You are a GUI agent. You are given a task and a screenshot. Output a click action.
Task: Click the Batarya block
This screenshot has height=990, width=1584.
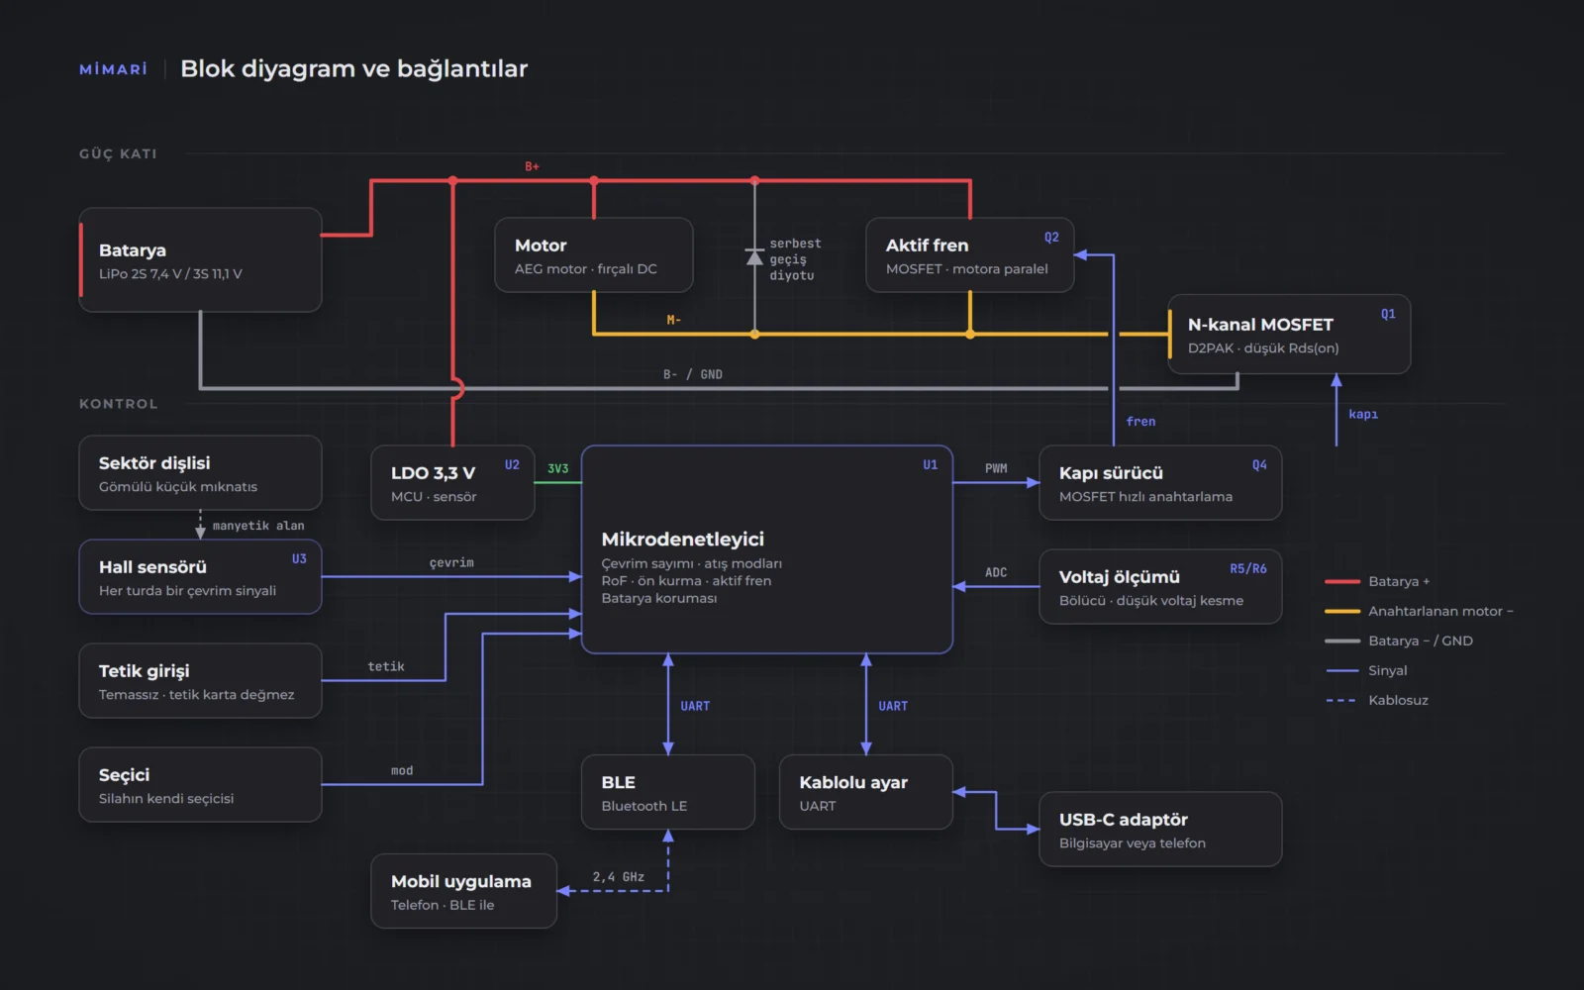200,259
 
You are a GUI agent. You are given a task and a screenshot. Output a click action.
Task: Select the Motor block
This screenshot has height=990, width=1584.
593,255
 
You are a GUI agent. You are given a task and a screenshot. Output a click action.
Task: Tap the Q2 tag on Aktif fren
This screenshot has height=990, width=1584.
1051,238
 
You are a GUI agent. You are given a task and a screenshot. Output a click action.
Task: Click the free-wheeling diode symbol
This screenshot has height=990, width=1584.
754,256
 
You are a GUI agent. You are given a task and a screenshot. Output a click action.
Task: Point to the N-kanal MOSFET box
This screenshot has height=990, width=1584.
1289,335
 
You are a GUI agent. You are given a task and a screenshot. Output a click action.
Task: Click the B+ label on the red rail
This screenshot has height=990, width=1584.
532,167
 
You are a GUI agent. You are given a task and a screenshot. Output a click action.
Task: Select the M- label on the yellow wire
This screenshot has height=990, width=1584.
673,321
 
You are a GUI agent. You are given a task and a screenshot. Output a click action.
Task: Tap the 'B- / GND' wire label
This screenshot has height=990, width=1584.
692,375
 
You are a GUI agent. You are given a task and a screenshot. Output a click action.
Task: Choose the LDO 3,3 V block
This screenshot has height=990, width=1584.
452,483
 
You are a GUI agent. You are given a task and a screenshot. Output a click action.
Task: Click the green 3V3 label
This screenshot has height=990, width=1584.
558,469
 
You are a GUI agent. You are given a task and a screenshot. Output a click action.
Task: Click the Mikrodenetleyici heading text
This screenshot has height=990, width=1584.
682,539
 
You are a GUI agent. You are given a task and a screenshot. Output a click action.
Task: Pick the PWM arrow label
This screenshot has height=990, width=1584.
996,469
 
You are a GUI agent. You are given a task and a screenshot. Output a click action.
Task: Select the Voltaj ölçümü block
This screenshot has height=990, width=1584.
1160,587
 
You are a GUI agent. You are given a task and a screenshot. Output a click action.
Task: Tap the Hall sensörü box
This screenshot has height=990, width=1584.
200,577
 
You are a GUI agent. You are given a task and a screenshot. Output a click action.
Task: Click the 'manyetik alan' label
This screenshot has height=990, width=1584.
258,526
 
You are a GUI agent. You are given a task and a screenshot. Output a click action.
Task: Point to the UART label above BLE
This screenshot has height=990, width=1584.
694,707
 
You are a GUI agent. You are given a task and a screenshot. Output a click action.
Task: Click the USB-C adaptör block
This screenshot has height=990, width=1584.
1160,830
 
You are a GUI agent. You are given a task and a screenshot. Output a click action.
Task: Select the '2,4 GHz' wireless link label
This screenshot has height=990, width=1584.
618,877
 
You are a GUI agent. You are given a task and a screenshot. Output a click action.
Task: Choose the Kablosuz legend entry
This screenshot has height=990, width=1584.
1377,700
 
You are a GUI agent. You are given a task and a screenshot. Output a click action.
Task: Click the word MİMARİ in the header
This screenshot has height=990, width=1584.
114,69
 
